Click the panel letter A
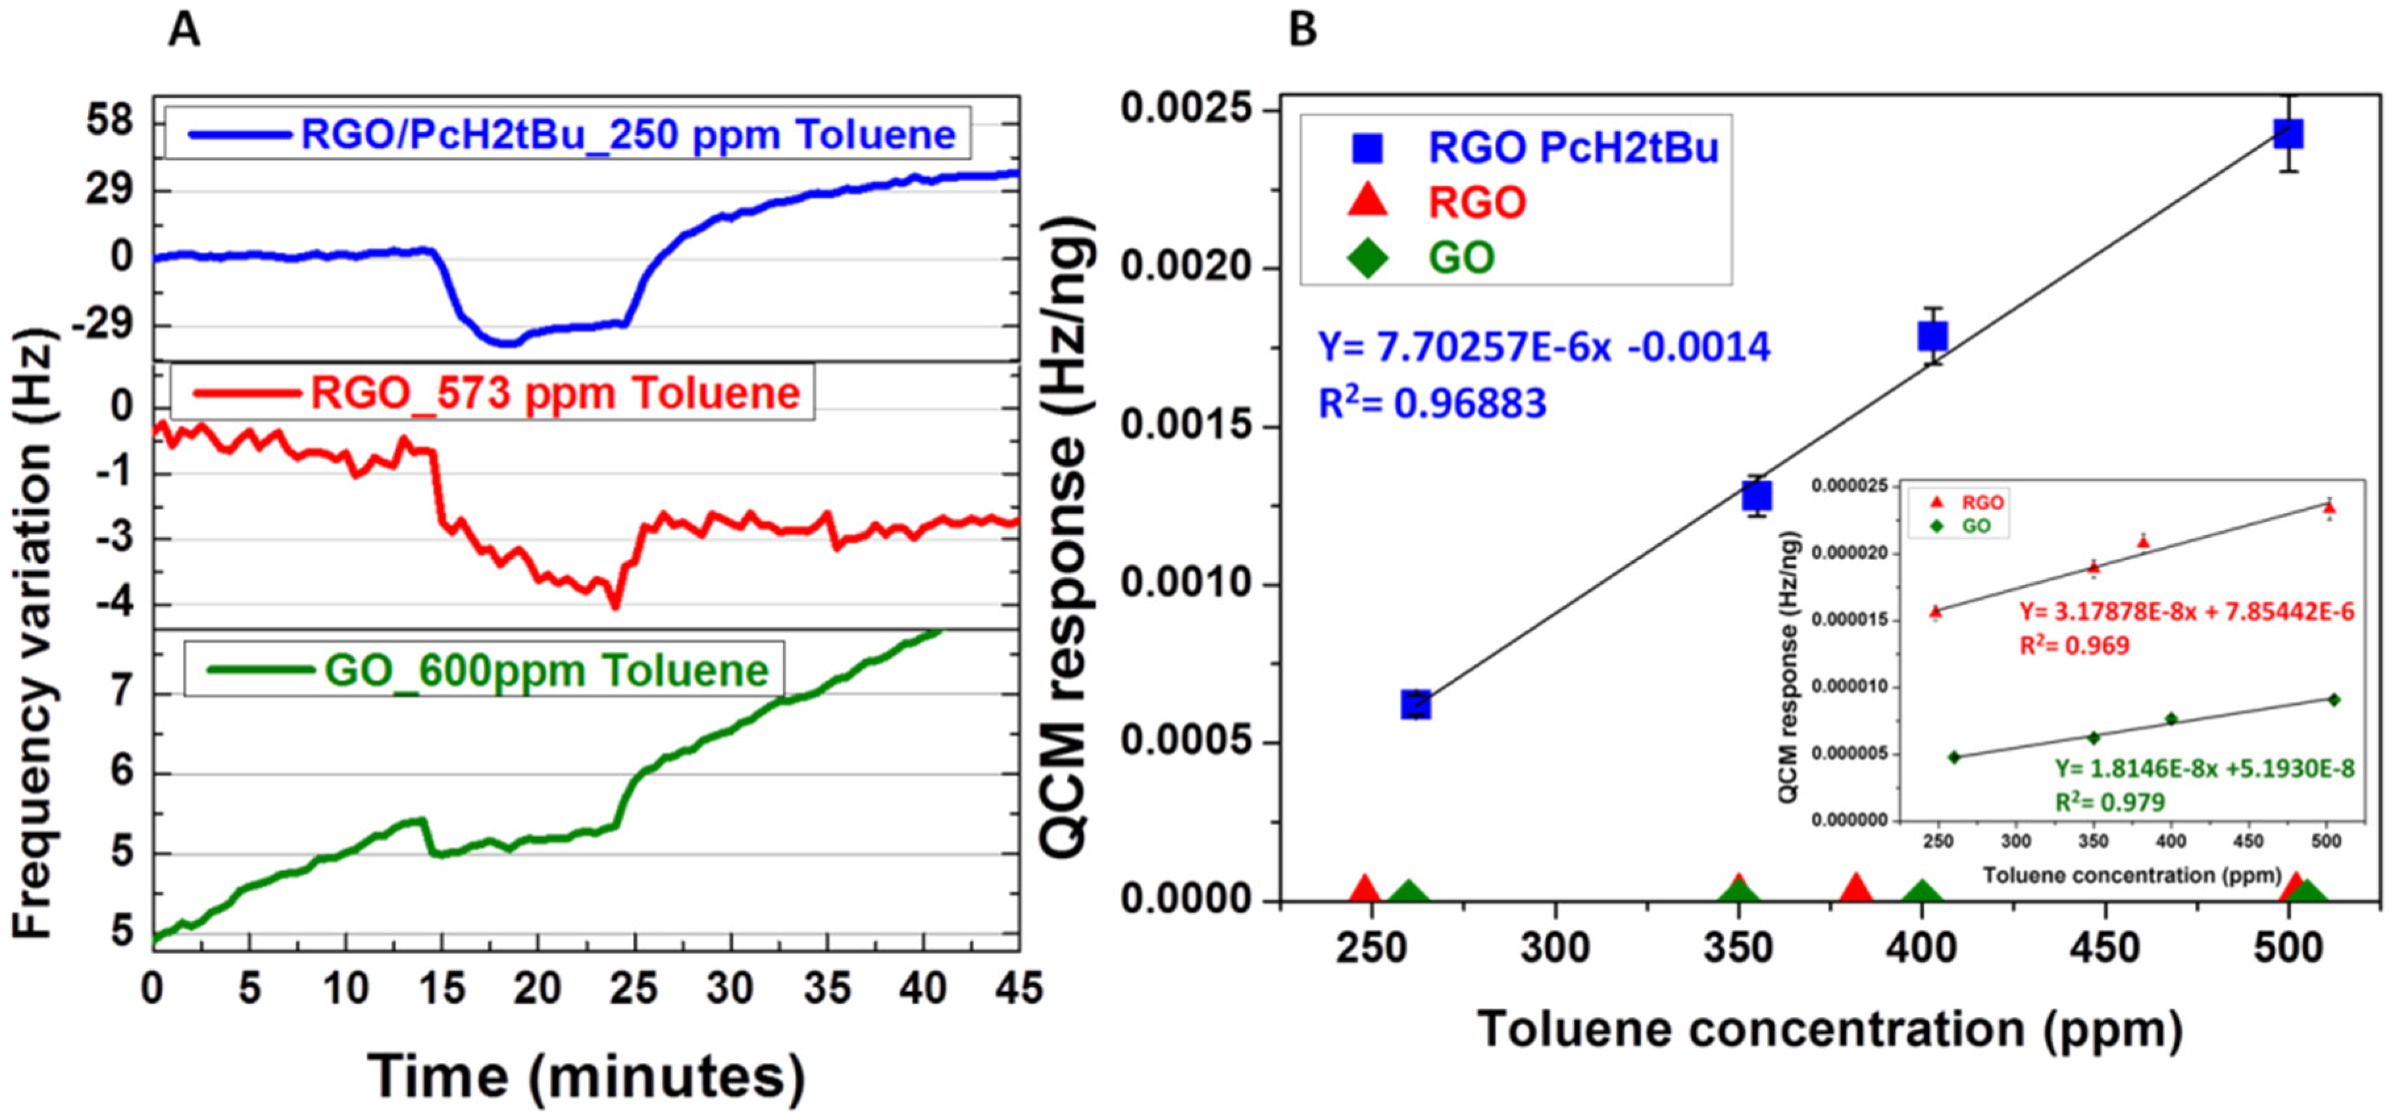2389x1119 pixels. coord(184,31)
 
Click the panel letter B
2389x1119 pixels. coord(1302,31)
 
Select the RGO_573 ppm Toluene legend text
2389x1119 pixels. coord(555,393)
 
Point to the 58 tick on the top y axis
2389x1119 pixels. coord(109,122)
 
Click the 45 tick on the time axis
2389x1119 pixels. coord(1018,988)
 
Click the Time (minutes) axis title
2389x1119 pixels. coord(586,1076)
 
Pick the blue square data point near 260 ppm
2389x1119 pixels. coord(1415,705)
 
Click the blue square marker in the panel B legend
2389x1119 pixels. coord(1367,147)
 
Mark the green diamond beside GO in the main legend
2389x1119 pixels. coord(1367,258)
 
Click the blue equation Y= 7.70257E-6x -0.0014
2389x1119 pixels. coord(1544,346)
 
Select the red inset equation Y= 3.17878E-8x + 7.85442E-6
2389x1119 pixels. coord(2186,612)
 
